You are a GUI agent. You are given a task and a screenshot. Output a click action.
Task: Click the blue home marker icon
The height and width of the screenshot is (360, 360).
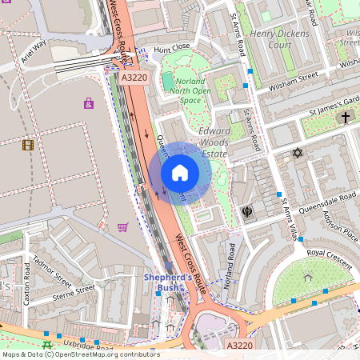coord(180,173)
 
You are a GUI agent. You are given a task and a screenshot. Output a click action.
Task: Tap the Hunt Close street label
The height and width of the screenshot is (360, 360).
coord(173,49)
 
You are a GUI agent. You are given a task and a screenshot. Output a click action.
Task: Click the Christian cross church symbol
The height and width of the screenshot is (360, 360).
coord(346,118)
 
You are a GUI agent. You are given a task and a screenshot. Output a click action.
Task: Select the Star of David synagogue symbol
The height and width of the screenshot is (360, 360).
coord(298,152)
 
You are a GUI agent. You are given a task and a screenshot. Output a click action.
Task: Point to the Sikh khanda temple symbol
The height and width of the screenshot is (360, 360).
coord(246,212)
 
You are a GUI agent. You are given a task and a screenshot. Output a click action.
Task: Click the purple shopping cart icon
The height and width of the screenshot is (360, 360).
coord(122,227)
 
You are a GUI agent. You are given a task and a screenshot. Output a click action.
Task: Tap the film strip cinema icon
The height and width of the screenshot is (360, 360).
coord(29,145)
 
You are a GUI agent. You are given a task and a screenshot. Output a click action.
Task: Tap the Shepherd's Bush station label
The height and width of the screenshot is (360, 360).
coord(168,282)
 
